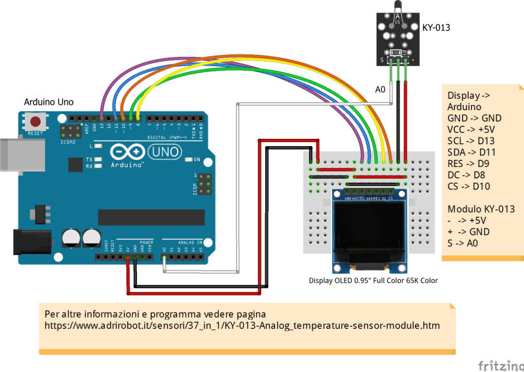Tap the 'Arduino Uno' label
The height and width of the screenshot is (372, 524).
tap(49, 102)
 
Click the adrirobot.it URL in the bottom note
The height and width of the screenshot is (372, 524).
tap(242, 325)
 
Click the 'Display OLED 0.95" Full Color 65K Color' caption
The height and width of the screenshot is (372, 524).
tap(373, 280)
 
